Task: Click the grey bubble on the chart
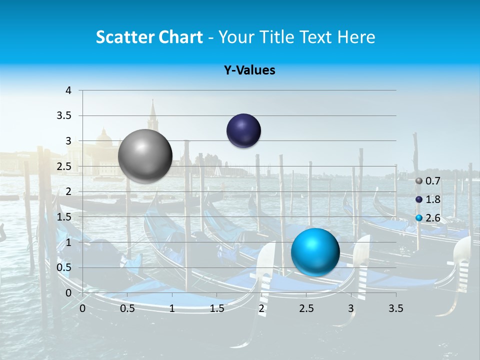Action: pos(145,156)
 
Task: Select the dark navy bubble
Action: pos(243,131)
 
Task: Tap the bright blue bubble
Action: pos(315,251)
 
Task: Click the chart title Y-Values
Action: pos(249,70)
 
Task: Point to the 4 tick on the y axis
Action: pos(68,90)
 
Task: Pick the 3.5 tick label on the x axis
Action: pos(395,308)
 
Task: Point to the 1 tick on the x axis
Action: pos(172,308)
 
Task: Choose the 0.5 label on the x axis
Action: pos(127,308)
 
